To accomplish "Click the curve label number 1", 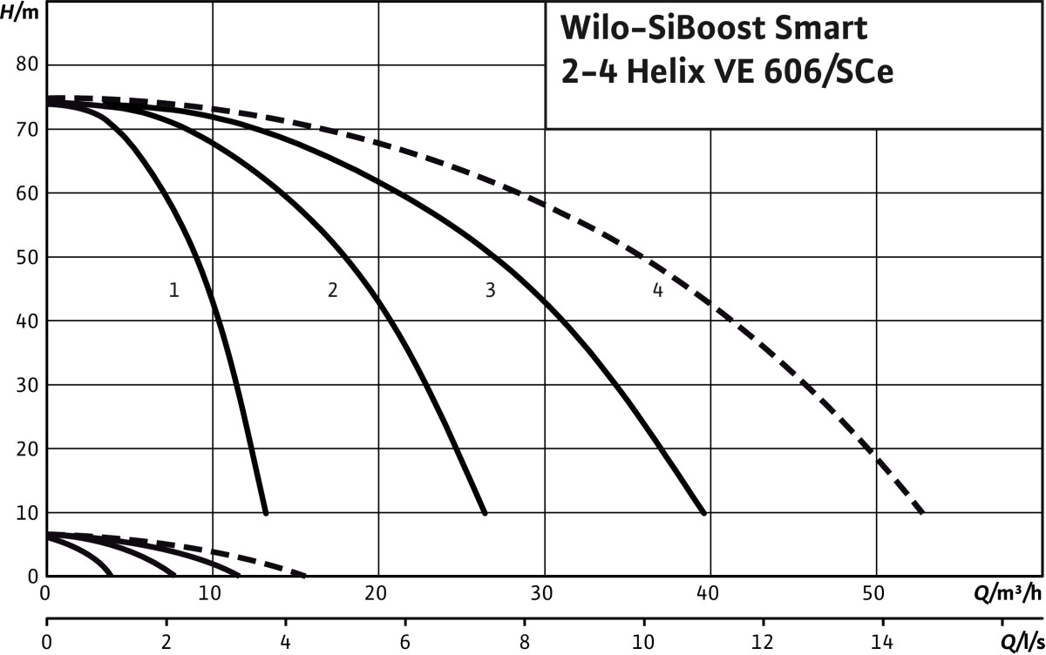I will (174, 291).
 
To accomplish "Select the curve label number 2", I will (332, 291).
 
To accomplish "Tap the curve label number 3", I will (491, 291).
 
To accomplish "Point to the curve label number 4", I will (657, 291).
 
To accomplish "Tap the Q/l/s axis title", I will (1015, 644).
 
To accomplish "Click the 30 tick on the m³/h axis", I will (542, 593).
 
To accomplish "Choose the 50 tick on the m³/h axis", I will (875, 593).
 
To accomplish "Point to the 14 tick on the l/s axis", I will (883, 644).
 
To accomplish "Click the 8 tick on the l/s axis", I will (524, 644).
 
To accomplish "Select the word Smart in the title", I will (819, 29).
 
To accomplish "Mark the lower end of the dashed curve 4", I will (921, 512).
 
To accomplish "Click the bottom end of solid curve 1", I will (265, 512).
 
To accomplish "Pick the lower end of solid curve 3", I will (703, 512).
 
